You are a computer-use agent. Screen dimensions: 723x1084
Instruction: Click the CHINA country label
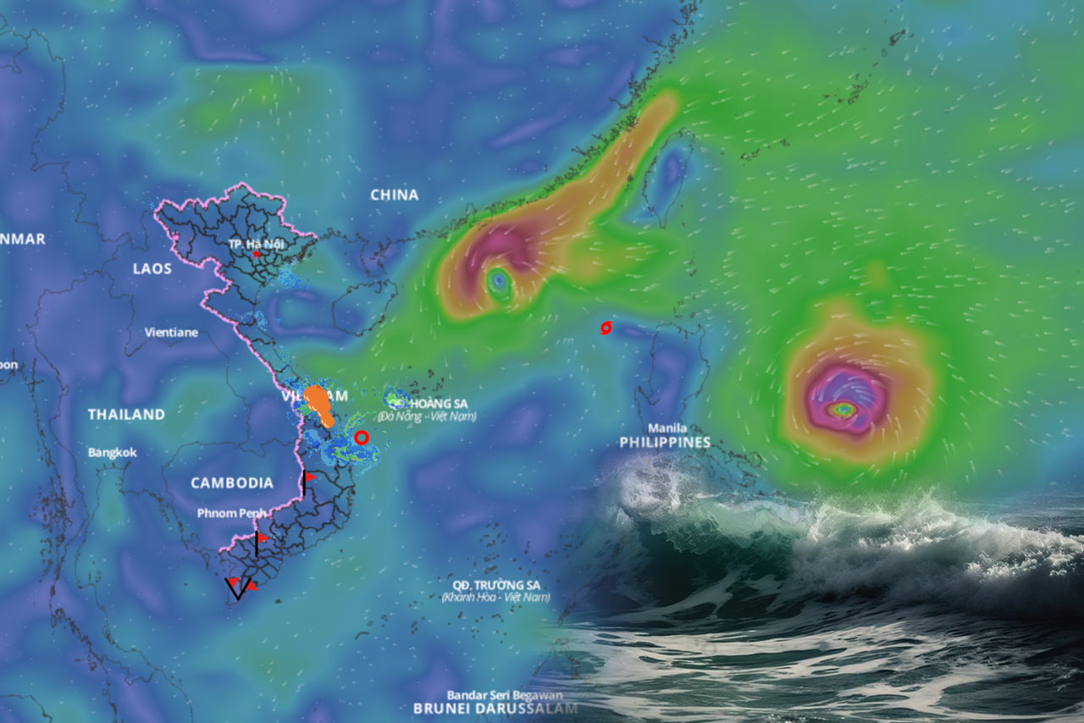pos(395,195)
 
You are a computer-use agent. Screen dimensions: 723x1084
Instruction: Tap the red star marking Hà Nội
pos(256,254)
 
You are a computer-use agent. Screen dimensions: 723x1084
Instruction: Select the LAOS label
pos(152,268)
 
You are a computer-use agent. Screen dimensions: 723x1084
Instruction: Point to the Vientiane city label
pos(171,333)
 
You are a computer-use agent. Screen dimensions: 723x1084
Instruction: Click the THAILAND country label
pos(126,415)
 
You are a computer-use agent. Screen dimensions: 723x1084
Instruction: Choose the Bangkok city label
pos(113,453)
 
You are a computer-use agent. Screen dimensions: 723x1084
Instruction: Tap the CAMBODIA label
pos(232,483)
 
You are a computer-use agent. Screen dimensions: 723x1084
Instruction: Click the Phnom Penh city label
pos(231,513)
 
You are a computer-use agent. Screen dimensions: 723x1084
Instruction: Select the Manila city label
pos(667,428)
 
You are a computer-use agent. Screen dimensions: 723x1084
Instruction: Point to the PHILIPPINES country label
pos(665,443)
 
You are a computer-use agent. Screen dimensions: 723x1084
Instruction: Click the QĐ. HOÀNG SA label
pos(438,404)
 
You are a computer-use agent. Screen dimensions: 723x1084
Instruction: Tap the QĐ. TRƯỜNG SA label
pos(496,585)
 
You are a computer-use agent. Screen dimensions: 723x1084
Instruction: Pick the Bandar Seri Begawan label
pos(495,694)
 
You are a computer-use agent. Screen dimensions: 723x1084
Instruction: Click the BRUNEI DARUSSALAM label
pos(496,709)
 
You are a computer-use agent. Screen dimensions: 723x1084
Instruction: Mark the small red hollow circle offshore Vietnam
pos(362,438)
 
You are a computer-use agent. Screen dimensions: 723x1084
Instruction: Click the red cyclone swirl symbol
pos(605,328)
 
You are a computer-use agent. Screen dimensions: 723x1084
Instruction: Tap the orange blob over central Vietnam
pos(319,402)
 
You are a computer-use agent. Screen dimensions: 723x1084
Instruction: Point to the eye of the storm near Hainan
pos(499,279)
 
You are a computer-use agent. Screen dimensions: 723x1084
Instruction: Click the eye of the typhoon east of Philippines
pos(843,410)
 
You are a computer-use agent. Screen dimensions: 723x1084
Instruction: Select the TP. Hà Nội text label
pos(254,243)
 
